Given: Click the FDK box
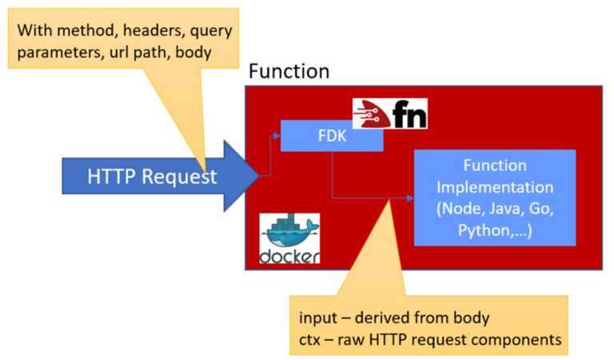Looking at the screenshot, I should [x=331, y=136].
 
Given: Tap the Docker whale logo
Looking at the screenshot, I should [x=289, y=232].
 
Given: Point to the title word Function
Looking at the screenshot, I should [x=289, y=71].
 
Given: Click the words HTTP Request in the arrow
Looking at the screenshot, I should [x=152, y=177].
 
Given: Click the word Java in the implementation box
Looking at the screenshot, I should [x=509, y=210].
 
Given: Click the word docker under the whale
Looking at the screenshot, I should [x=289, y=256].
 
